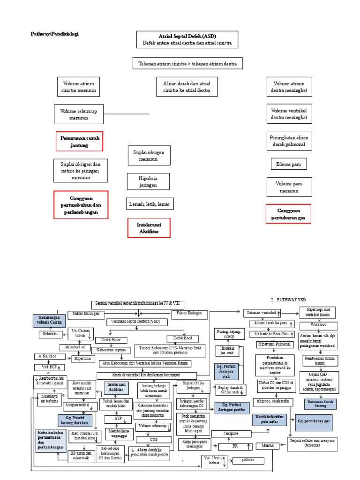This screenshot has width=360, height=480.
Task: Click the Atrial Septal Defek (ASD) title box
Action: click(187, 39)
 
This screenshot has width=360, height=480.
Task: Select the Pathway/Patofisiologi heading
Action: click(54, 34)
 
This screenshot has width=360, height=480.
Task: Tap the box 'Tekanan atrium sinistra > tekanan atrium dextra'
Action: click(187, 63)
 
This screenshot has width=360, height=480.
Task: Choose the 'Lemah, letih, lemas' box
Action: click(149, 204)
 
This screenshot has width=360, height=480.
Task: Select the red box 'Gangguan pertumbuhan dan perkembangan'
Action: click(81, 205)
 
